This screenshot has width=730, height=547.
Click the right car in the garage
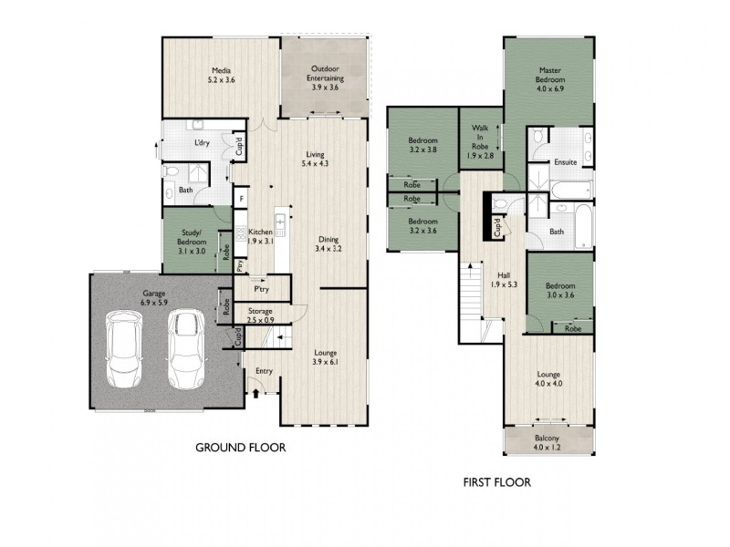click(184, 348)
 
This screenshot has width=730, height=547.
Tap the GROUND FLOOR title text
click(242, 448)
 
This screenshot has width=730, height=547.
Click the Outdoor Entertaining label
click(325, 74)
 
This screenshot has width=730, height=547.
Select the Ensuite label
click(566, 162)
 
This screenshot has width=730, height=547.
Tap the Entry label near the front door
click(264, 370)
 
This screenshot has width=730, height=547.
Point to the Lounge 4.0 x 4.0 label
click(548, 378)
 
